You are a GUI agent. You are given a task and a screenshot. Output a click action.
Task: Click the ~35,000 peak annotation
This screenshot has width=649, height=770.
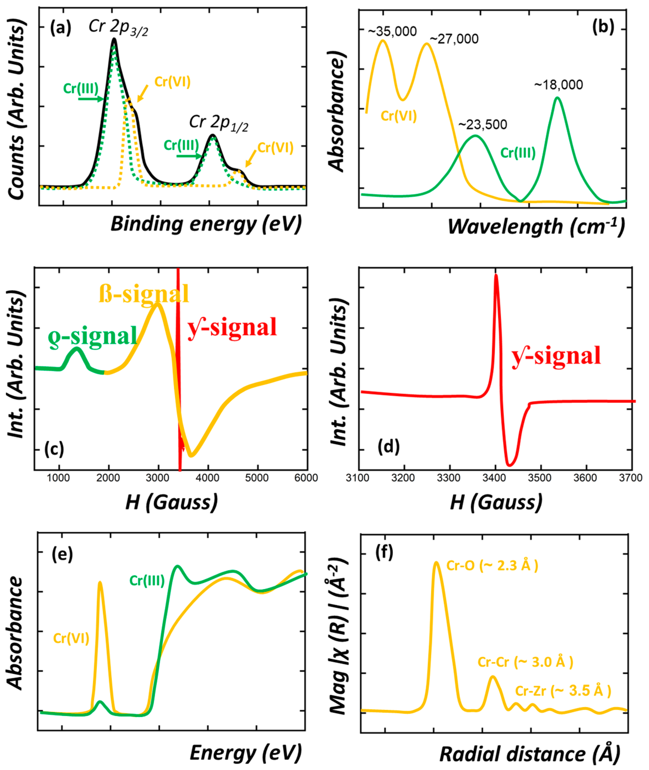(x=392, y=32)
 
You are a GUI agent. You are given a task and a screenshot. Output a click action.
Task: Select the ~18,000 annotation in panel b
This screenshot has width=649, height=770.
(x=558, y=85)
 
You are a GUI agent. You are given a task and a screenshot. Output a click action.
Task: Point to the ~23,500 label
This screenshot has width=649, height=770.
(x=482, y=125)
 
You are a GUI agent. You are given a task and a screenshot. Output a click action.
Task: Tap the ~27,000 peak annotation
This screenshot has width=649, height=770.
(x=454, y=39)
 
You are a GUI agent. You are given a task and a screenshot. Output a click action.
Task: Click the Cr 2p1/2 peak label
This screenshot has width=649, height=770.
(x=219, y=123)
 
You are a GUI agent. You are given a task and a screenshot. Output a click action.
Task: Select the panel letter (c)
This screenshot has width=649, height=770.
(x=54, y=449)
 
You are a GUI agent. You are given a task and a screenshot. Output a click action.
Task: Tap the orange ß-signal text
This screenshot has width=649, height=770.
(x=144, y=294)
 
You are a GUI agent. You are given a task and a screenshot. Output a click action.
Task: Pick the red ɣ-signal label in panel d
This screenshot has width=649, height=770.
(x=556, y=356)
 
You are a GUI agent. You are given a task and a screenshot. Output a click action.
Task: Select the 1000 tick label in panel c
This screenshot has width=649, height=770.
(x=58, y=478)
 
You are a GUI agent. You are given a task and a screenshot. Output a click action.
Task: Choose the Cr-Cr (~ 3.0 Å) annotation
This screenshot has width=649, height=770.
(x=525, y=662)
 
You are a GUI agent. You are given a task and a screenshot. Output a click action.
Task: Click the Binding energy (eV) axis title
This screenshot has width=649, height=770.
(x=206, y=224)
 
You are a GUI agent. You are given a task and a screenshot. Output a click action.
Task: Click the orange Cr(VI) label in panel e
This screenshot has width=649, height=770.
(x=71, y=638)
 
